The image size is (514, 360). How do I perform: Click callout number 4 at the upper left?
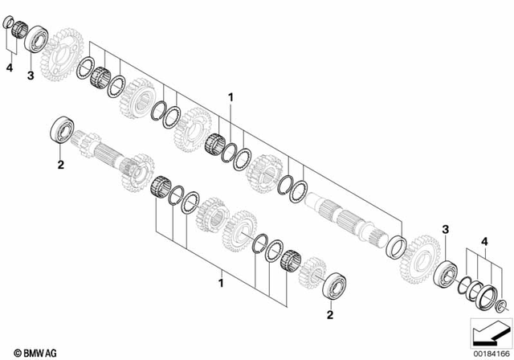click(x=10, y=70)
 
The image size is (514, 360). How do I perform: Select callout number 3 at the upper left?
click(x=31, y=76)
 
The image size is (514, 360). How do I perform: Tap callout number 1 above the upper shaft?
click(x=230, y=98)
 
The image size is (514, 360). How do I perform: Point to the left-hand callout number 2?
click(x=59, y=166)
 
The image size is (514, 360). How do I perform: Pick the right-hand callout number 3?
click(x=445, y=231)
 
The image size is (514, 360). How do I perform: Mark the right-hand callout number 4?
click(x=484, y=240)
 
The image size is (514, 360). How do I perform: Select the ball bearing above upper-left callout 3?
click(x=36, y=38)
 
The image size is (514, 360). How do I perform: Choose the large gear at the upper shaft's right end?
click(x=418, y=256)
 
